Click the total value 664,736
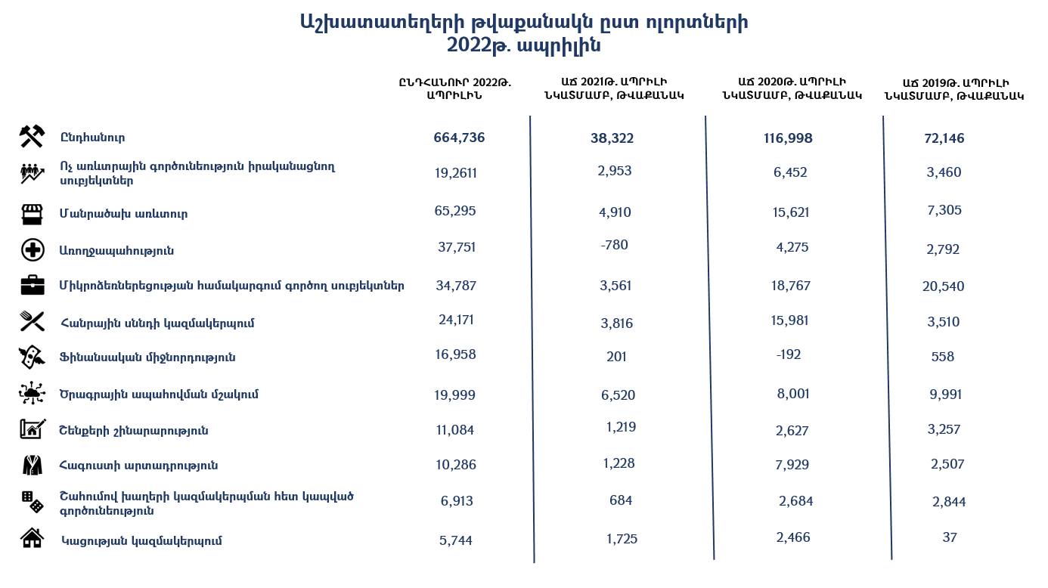(459, 138)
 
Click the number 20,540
(944, 286)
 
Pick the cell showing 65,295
(455, 211)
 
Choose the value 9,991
(944, 395)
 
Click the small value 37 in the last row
(950, 537)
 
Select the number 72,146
(944, 138)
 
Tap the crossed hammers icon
(32, 136)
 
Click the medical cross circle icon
(32, 249)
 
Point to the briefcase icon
(32, 286)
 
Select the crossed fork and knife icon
(32, 322)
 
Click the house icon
(32, 539)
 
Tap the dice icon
(32, 501)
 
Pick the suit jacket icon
(32, 465)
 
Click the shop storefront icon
(32, 214)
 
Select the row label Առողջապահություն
(116, 250)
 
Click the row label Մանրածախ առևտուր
(123, 214)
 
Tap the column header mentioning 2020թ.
(792, 88)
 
